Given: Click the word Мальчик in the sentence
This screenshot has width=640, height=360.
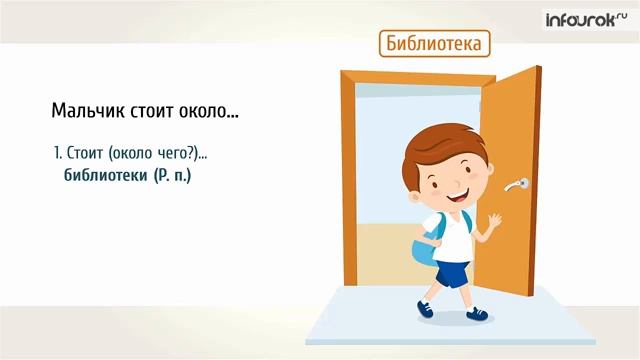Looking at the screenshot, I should pos(87,110).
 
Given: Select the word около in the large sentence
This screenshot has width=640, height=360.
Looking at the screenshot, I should pos(208,110).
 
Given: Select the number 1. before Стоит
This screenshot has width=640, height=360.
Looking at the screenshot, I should pos(57,154).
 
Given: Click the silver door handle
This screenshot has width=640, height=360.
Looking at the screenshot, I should pos(518,183).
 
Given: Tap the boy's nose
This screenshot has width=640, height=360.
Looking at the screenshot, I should pos(451,188).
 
